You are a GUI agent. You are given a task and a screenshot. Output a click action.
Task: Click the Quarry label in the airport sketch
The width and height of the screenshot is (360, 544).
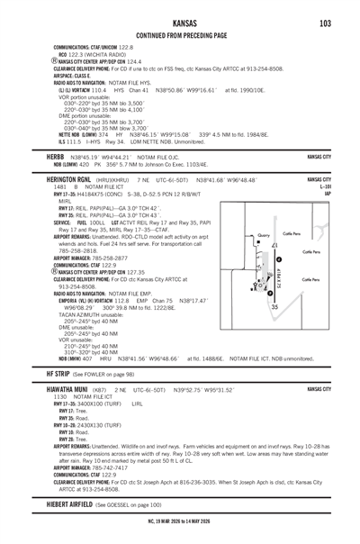pyautogui.click(x=263, y=233)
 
